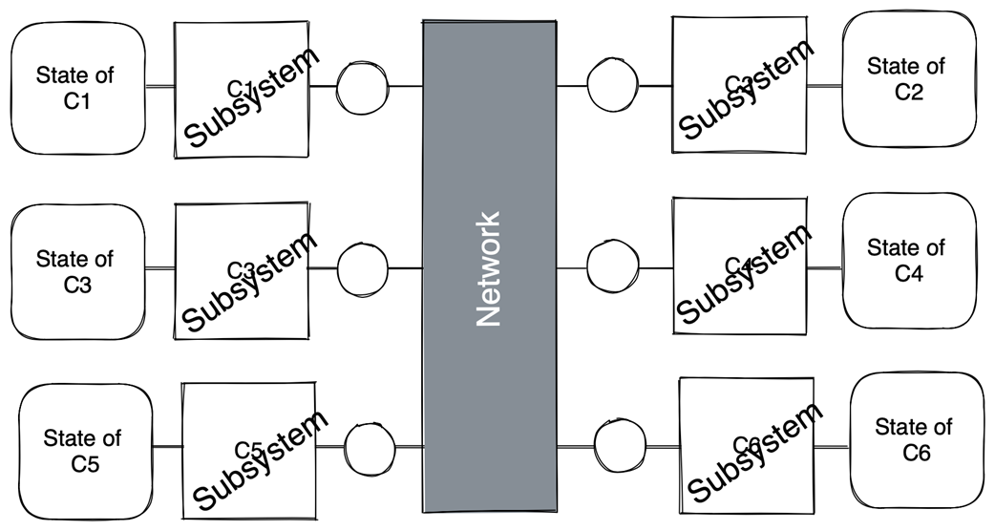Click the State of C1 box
click(77, 88)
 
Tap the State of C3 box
click(77, 272)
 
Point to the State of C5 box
click(85, 452)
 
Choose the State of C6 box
click(916, 440)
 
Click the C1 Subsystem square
click(242, 90)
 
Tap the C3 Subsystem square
click(242, 270)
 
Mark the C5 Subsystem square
click(249, 450)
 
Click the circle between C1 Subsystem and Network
click(363, 87)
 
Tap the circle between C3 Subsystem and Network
click(363, 268)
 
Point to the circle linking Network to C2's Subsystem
click(613, 85)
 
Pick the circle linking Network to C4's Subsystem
click(613, 266)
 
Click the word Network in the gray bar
click(489, 268)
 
